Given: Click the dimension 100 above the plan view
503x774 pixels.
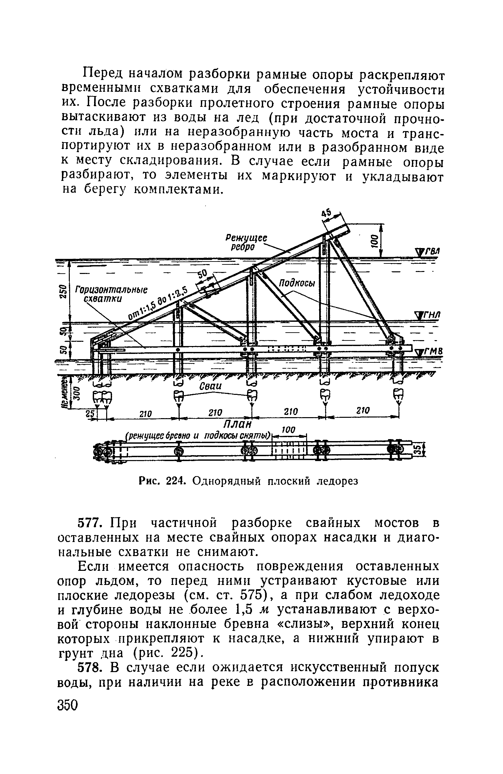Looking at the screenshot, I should tap(289, 429).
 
